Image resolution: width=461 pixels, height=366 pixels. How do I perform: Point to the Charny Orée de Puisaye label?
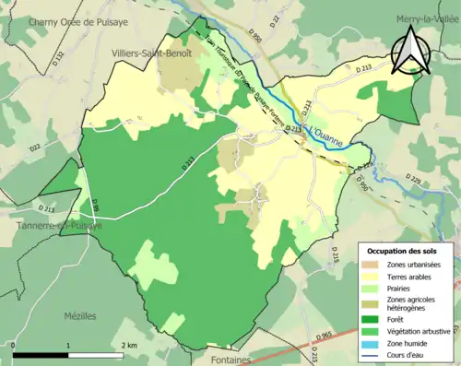pos(69,20)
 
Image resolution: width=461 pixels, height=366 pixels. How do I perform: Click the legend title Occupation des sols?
pos(404,252)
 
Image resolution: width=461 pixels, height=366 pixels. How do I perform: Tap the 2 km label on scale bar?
pos(129,345)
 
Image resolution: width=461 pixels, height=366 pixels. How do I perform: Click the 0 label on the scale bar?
pos(14,345)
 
